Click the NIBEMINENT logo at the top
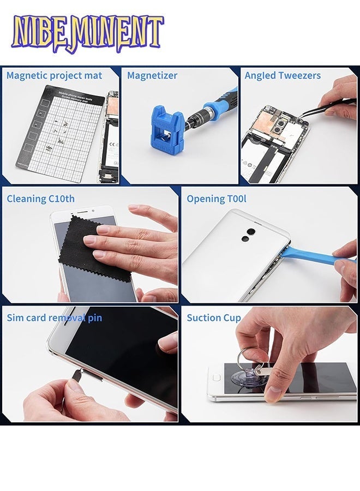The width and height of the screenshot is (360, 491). point(87,34)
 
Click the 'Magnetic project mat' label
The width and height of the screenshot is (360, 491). point(54,75)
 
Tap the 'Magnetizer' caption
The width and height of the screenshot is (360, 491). point(152,75)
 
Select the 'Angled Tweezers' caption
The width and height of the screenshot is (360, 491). point(283,75)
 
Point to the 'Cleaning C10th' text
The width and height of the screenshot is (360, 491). point(40,199)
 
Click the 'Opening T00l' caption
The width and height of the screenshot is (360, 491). point(213,199)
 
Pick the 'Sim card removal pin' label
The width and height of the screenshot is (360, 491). point(54,318)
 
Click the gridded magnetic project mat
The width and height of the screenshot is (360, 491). point(60,131)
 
